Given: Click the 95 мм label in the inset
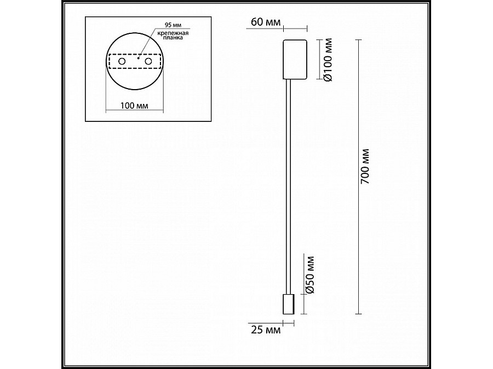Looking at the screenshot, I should click(173, 26).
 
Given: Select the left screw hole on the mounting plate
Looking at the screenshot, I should click(121, 63).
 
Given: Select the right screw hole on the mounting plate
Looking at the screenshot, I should click(148, 63).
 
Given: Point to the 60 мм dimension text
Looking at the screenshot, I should click(266, 22).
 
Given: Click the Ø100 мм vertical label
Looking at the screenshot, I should click(327, 60).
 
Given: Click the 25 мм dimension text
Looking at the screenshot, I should click(266, 330).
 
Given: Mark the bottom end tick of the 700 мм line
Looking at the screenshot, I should click(359, 314).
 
